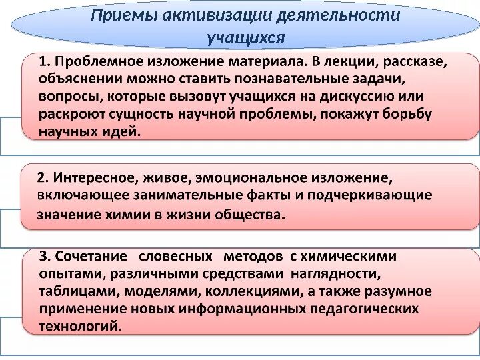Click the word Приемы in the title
tap(123, 15)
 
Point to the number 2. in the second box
tap(44, 178)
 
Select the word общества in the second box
tap(253, 215)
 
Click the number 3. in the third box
tap(46, 257)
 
